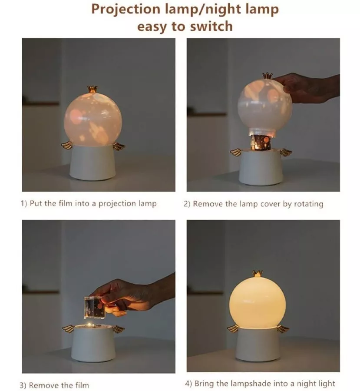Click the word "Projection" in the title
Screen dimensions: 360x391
coord(126,10)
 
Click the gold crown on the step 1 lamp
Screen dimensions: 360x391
coord(92,89)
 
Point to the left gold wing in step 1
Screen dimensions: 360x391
coord(66,145)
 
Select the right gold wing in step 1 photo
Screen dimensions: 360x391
coord(119,146)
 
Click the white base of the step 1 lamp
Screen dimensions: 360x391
coord(92,162)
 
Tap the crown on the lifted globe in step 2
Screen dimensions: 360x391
coord(267,75)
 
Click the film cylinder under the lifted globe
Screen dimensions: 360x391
coord(261,142)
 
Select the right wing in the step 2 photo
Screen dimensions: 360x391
coord(286,152)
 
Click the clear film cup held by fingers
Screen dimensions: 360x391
coord(95,308)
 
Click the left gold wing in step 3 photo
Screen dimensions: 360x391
coord(68,329)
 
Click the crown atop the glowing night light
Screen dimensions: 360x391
coord(258,274)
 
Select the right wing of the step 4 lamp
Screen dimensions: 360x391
coord(283,329)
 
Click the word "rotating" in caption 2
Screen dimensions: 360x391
coord(309,204)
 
